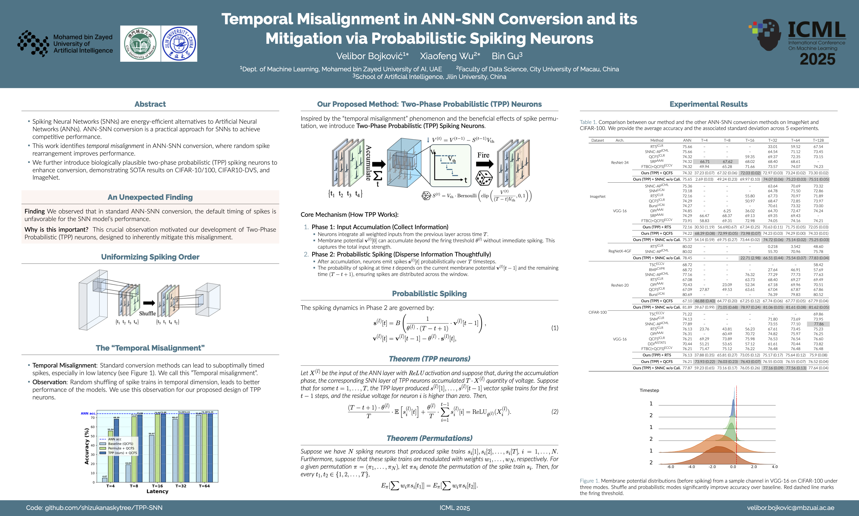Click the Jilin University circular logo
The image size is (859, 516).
179,44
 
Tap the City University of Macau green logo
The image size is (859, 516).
140,44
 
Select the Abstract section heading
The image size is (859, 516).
150,104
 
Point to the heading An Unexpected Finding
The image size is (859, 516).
150,197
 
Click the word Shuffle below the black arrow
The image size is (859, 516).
148,313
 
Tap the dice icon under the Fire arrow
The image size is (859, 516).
484,178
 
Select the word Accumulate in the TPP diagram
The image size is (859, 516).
369,163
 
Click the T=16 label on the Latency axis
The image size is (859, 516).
157,486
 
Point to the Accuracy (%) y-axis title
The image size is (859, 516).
87,446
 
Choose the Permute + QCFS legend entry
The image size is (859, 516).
121,448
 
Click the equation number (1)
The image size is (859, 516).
554,328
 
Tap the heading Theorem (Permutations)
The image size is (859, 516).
429,438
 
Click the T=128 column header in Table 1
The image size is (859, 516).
818,140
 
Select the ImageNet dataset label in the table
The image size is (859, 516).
598,197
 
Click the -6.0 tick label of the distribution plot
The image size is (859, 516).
671,467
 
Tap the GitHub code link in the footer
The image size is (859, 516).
94,508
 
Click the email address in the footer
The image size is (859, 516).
791,508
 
